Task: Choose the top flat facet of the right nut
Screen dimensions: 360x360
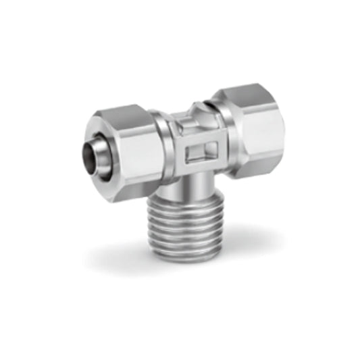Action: pyautogui.click(x=245, y=95)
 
